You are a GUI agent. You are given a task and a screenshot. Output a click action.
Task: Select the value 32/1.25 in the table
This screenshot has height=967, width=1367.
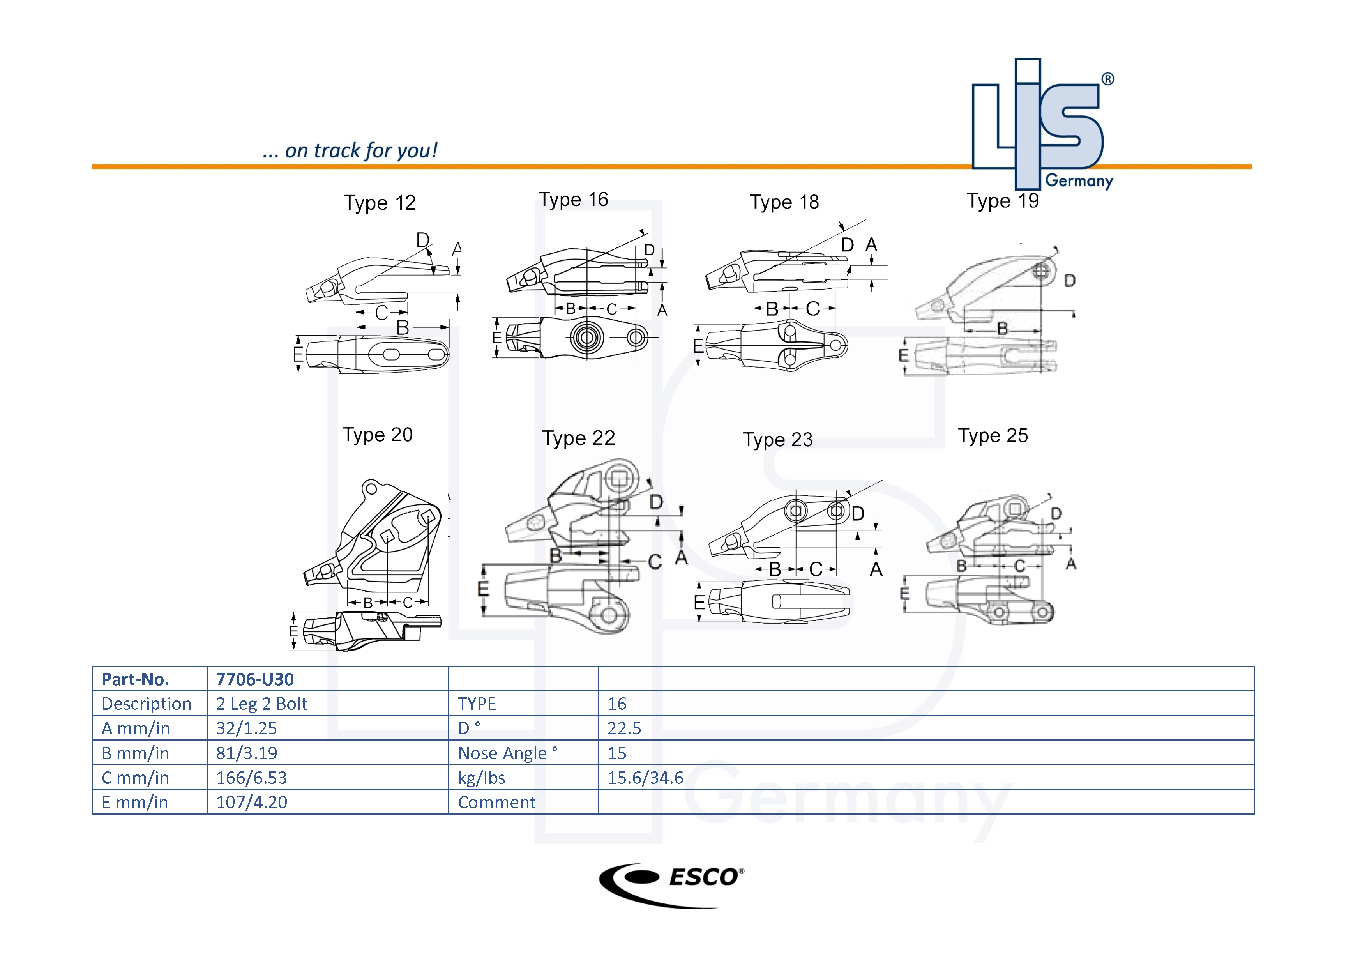tap(246, 728)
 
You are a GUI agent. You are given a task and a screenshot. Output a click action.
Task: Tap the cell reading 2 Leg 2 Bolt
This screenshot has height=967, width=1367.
tap(261, 704)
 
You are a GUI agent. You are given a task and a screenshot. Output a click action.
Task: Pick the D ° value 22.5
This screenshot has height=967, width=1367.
tap(624, 728)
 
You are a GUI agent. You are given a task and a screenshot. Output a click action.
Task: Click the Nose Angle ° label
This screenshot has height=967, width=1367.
tap(507, 753)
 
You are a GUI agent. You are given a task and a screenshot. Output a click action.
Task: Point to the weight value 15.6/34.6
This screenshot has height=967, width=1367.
tap(645, 778)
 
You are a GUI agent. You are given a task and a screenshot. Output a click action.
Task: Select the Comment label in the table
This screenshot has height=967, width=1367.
tap(496, 803)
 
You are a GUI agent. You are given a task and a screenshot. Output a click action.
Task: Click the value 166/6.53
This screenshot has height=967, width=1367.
tap(251, 778)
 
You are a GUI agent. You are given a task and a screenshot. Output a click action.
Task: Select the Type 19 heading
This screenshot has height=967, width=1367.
tap(1003, 201)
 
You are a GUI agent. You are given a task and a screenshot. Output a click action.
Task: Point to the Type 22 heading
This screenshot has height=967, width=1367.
tap(578, 438)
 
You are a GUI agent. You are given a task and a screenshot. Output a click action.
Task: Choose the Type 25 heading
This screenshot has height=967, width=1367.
tap(993, 436)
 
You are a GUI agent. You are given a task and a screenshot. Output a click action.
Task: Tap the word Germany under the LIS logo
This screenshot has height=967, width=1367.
tap(1079, 181)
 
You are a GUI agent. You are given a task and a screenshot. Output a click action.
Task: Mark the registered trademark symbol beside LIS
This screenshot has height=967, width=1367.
tap(1107, 79)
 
